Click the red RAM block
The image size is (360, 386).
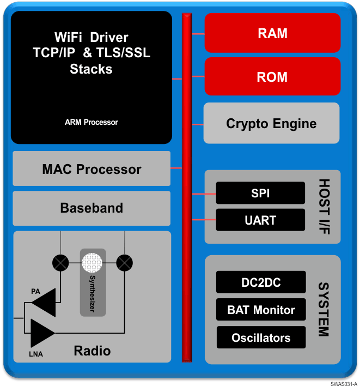pyautogui.click(x=272, y=33)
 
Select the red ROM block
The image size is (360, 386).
pyautogui.click(x=272, y=76)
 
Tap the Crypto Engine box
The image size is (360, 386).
pyautogui.click(x=271, y=123)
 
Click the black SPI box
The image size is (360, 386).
pyautogui.click(x=260, y=193)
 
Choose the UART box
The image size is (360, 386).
pyautogui.click(x=260, y=220)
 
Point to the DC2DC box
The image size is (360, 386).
pyautogui.click(x=260, y=282)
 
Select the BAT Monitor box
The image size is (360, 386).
pyautogui.click(x=261, y=310)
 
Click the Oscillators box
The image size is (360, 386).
pyautogui.click(x=261, y=337)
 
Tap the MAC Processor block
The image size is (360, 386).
pyautogui.click(x=91, y=169)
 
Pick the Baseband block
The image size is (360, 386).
pyautogui.click(x=91, y=208)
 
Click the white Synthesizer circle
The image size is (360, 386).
pyautogui.click(x=92, y=263)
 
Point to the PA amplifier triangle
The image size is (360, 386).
pyautogui.click(x=45, y=301)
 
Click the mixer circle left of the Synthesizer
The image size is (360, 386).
pyautogui.click(x=60, y=263)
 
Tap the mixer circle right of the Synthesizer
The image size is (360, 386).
pyautogui.click(x=125, y=263)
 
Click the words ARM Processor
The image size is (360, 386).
pyautogui.click(x=91, y=122)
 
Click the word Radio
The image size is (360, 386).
pyautogui.click(x=92, y=351)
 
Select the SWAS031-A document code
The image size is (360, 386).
pyautogui.click(x=343, y=383)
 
